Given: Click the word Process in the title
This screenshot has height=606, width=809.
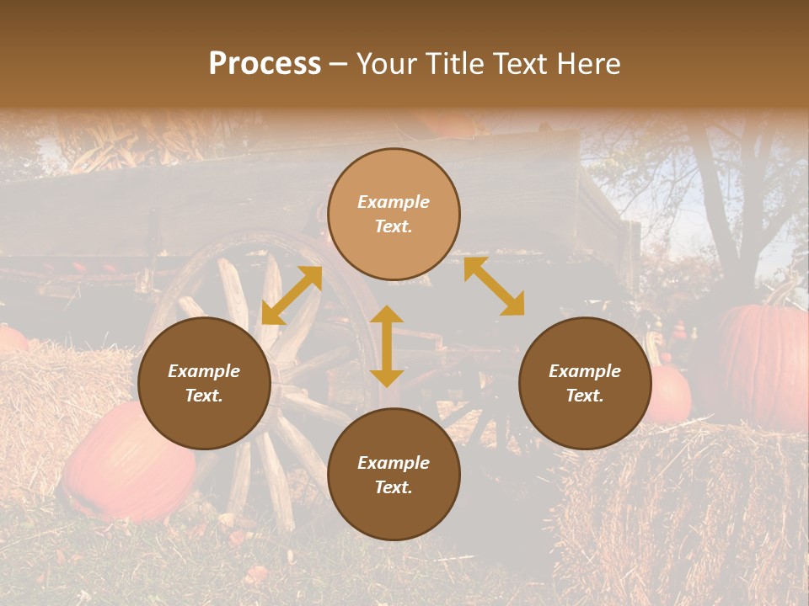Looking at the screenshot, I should pos(265,64).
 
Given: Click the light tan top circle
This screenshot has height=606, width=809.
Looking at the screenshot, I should pos(394,214).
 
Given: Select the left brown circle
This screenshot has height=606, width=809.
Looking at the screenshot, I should pos(204,383).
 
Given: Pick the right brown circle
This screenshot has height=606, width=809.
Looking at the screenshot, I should pos(585,383).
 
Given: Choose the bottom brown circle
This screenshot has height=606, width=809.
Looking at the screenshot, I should pos(394,475).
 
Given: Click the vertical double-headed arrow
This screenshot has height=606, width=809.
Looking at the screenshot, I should pos(387,346).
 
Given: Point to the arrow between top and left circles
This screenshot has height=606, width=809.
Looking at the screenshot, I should pos(292,295).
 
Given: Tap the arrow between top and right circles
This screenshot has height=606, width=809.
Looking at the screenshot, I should pos(494,286).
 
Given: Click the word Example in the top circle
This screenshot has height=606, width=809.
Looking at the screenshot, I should pos(394,202).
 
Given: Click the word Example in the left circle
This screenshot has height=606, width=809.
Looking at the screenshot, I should pos(204,371).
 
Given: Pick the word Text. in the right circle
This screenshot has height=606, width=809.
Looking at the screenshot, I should pos(585,396).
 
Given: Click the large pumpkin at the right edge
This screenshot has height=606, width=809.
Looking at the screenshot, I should pos(763,362).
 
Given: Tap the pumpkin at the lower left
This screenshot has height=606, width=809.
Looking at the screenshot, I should pos(126,463).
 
